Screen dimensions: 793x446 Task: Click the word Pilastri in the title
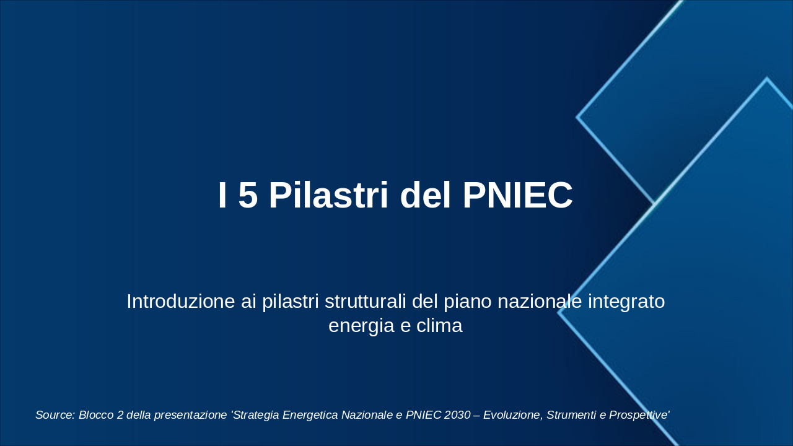coord(328,195)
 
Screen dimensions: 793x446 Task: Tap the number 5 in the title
coord(248,195)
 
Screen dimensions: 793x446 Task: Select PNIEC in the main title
coord(517,195)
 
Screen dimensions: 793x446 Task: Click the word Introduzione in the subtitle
coord(180,301)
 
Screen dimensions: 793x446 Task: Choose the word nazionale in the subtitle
coord(540,301)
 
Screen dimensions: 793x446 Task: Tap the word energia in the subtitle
coord(361,326)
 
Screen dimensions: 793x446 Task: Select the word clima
coord(439,325)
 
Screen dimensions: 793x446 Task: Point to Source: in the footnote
coord(55,414)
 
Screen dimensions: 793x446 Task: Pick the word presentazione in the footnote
coord(190,415)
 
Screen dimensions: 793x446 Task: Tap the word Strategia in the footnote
coord(255,415)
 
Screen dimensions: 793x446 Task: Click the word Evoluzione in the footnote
coord(514,415)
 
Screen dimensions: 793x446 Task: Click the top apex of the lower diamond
coord(767,78)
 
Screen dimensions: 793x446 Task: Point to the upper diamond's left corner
coord(577,117)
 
